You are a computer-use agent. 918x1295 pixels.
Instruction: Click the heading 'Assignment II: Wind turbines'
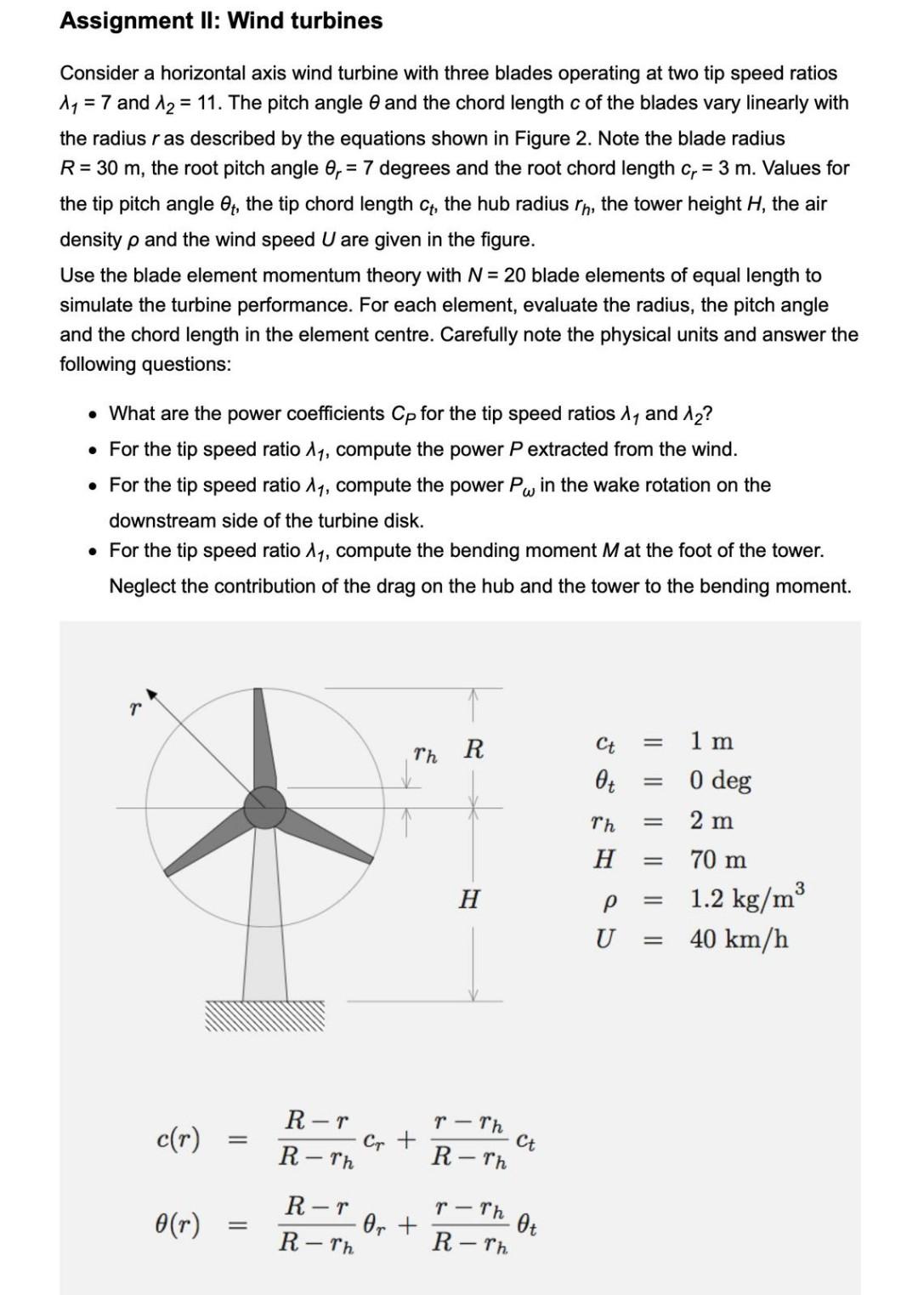[221, 20]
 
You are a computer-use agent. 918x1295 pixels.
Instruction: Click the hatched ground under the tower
[264, 1014]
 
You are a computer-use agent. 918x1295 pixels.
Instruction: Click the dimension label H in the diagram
[468, 899]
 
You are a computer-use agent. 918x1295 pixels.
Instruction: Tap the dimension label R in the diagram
[473, 750]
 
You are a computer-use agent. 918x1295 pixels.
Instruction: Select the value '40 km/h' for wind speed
[739, 940]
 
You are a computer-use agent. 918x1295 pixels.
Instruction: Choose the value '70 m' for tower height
[718, 860]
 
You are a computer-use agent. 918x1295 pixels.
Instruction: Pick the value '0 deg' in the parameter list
[720, 781]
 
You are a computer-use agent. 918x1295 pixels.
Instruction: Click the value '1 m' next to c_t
[711, 741]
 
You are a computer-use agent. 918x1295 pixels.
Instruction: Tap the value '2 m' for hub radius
[711, 821]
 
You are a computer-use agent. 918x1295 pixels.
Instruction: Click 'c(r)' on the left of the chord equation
[178, 1139]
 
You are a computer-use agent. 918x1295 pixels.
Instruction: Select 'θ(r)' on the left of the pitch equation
[178, 1224]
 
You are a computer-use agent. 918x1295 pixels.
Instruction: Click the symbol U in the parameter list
[603, 940]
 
